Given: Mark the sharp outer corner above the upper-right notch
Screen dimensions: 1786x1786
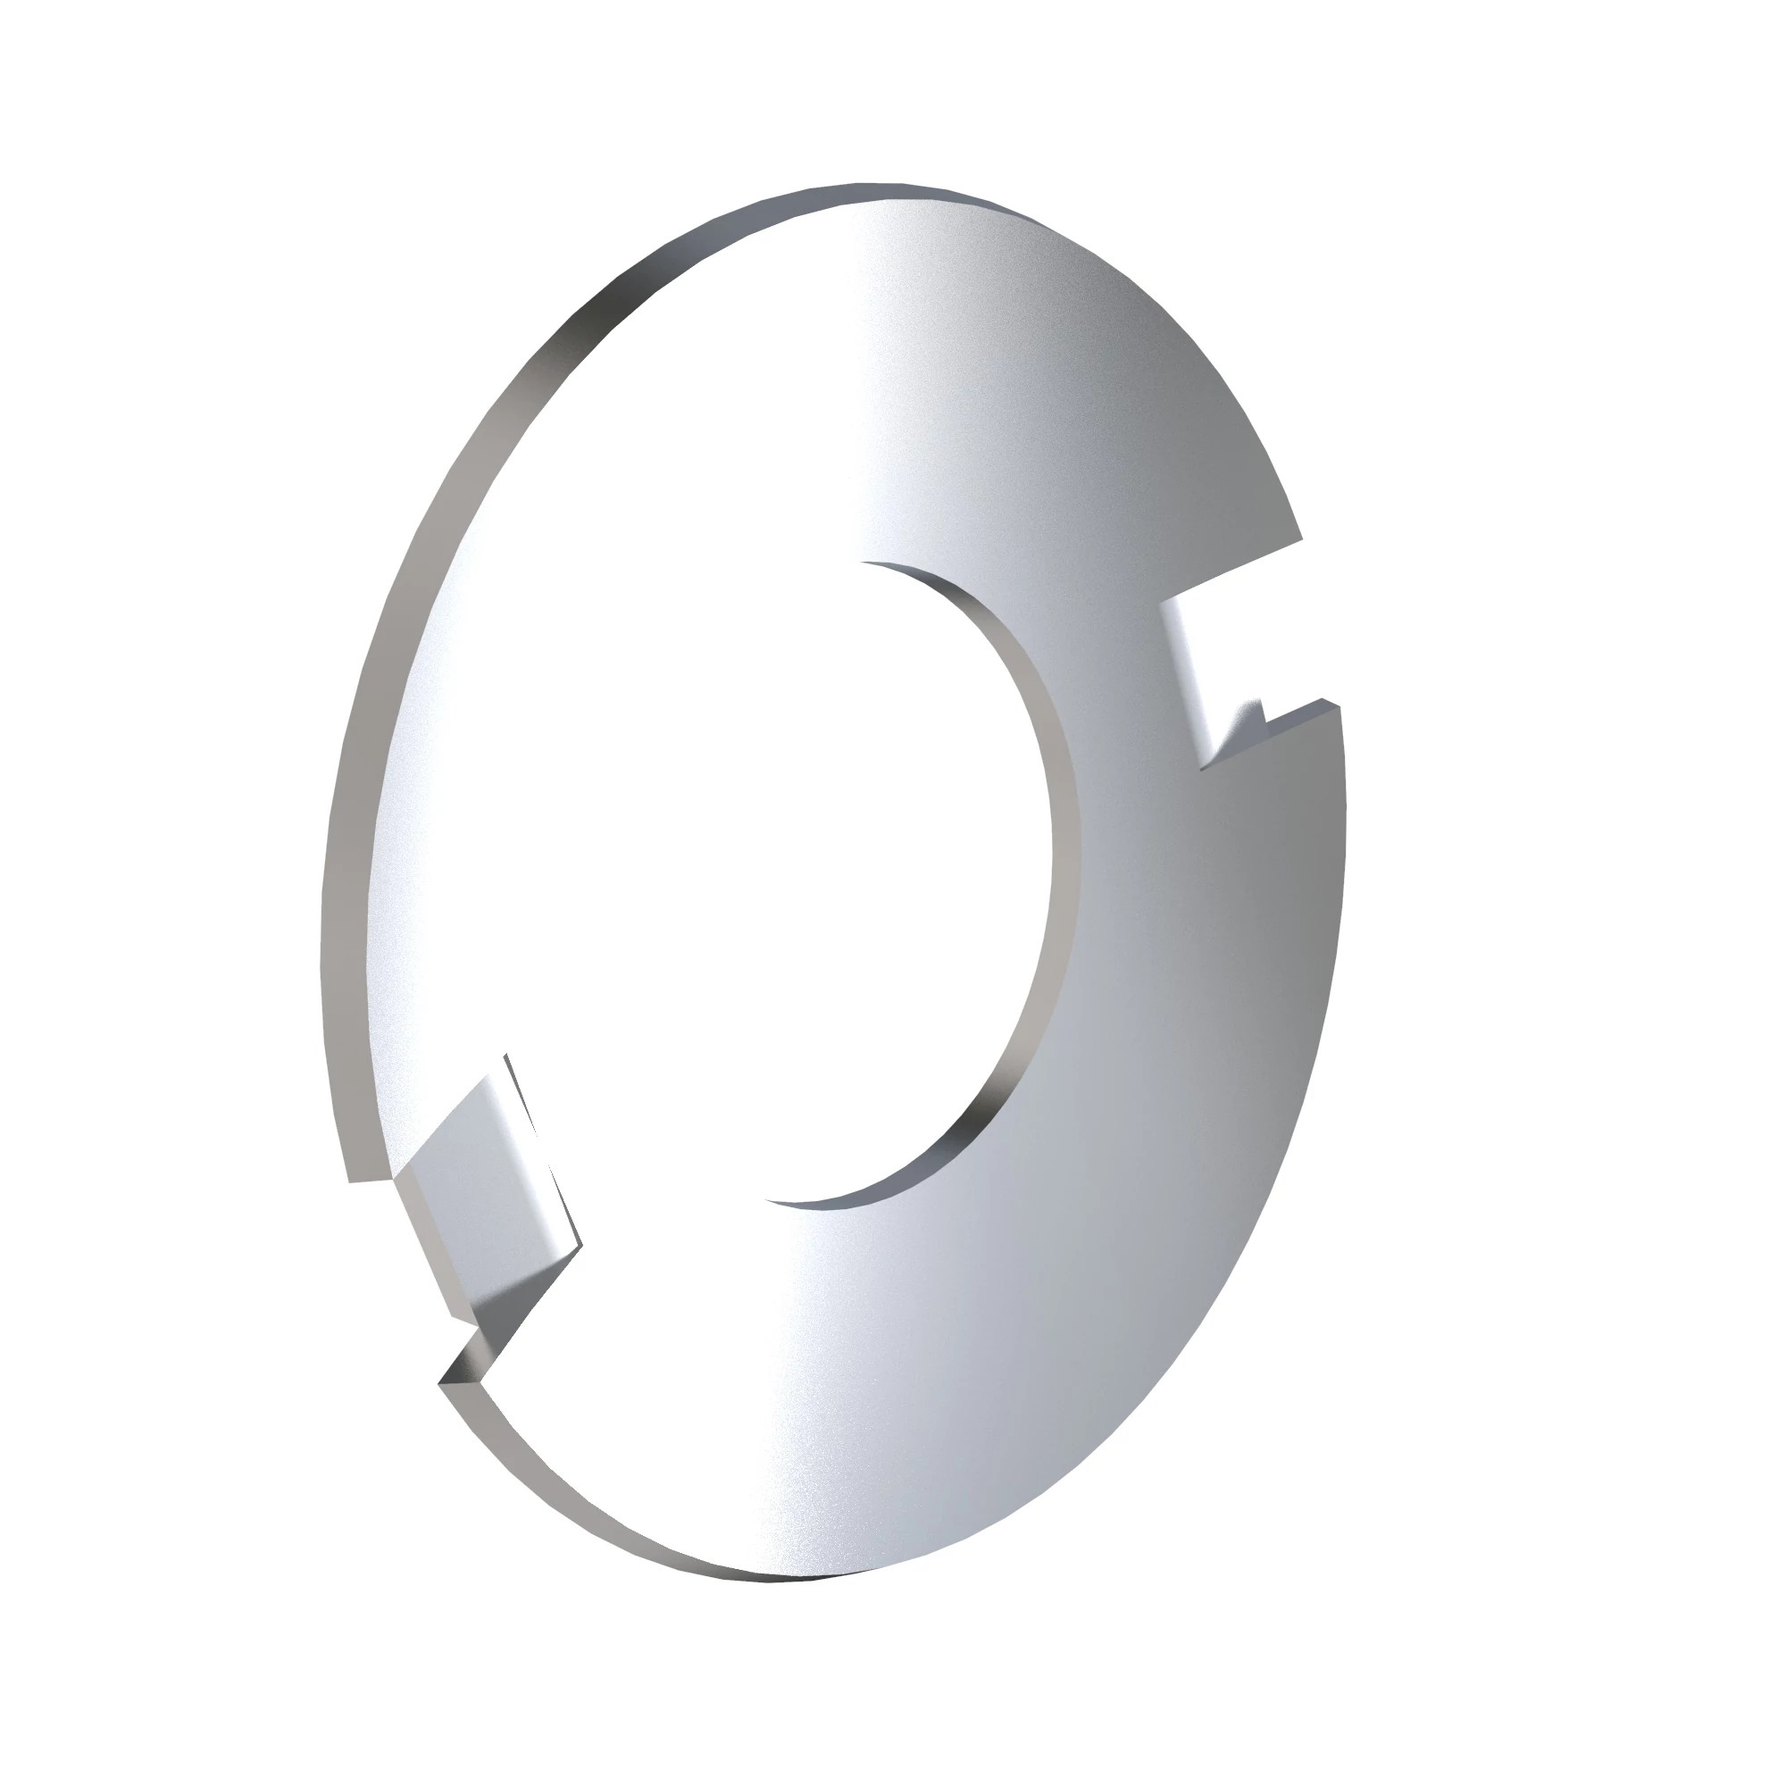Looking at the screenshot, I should (x=1302, y=538).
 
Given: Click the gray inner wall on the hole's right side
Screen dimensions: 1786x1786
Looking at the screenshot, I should (x=1063, y=832).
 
